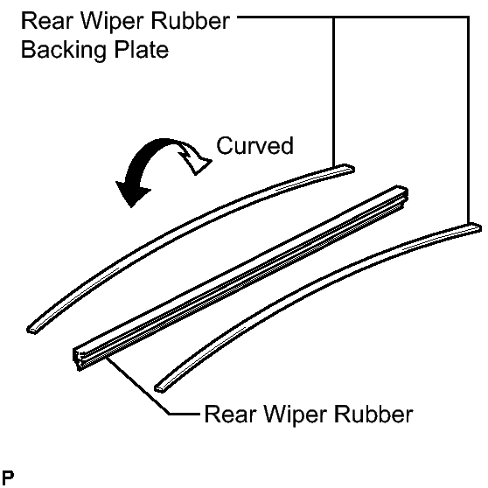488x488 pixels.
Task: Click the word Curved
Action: pos(254,145)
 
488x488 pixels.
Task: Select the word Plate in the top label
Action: pos(142,50)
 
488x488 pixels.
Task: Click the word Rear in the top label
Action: pos(45,21)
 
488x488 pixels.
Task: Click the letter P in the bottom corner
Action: pos(8,477)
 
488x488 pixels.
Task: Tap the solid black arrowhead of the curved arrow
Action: pos(132,193)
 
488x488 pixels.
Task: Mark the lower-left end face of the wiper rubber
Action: pos(78,359)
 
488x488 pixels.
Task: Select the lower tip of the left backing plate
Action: pos(31,330)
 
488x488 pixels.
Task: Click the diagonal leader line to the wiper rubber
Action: pos(138,386)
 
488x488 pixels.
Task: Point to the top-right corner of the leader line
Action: pos(468,17)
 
